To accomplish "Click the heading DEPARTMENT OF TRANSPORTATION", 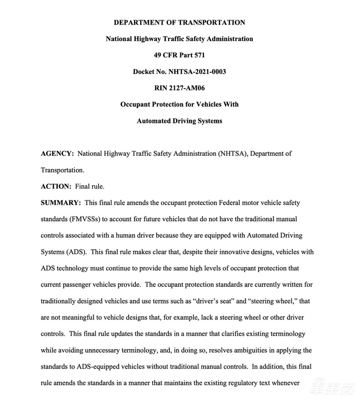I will pyautogui.click(x=179, y=22).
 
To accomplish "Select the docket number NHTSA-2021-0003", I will pyautogui.click(x=197, y=72).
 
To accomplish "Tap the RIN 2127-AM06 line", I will pyautogui.click(x=179, y=88).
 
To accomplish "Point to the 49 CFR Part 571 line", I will pyautogui.click(x=179, y=55).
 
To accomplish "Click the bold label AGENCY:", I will pyautogui.click(x=57, y=153).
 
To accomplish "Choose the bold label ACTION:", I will pyautogui.click(x=56, y=186).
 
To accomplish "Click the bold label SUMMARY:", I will pyautogui.click(x=61, y=203).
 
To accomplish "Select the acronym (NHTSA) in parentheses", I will pyautogui.click(x=231, y=153).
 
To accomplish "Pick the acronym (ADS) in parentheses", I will pyautogui.click(x=76, y=252).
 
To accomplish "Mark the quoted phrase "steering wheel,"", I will pyautogui.click(x=271, y=301).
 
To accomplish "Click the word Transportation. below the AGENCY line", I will pyautogui.click(x=62, y=170).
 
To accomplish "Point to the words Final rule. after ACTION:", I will pyautogui.click(x=89, y=186).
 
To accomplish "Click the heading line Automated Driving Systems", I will pyautogui.click(x=179, y=121).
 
